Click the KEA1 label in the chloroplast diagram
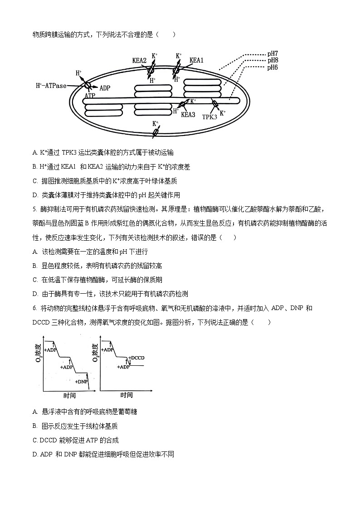pos(196,60)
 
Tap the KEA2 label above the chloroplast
pos(139,60)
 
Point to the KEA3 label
pos(188,115)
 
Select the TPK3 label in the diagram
pos(209,116)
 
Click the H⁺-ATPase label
pos(58,85)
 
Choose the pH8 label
pos(272,60)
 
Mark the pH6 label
pos(272,67)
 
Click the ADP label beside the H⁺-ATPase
pos(105,88)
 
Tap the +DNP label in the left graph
pos(81,382)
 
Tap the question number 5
pos(34,209)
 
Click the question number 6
pos(34,308)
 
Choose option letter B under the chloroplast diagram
pos(35,167)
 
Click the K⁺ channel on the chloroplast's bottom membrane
pos(156,132)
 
